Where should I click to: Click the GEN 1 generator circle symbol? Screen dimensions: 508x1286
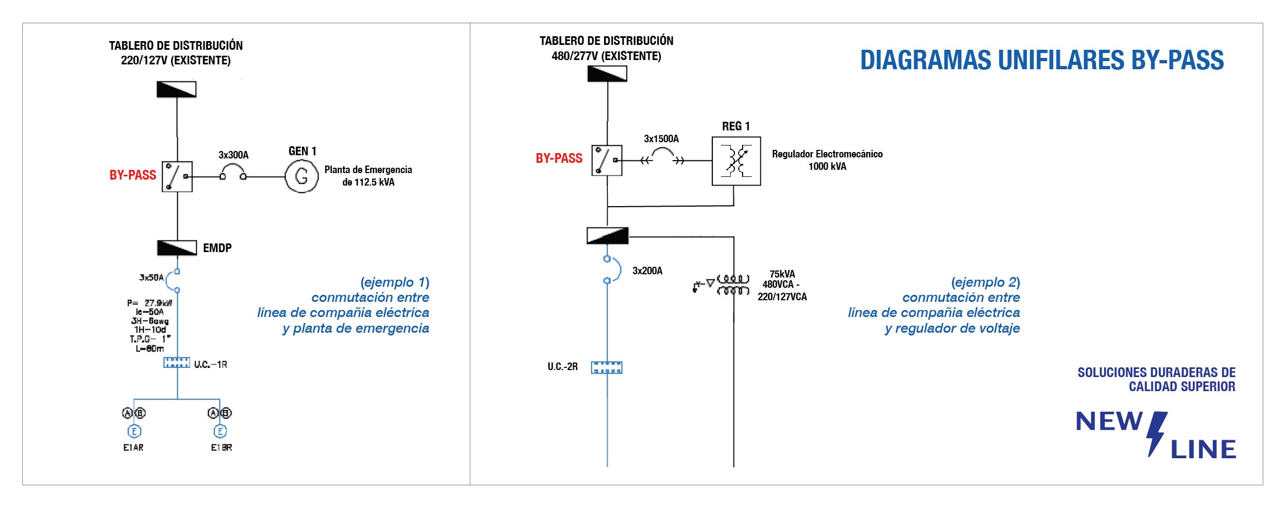click(x=301, y=176)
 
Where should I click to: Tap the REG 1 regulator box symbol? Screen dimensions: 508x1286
click(x=736, y=161)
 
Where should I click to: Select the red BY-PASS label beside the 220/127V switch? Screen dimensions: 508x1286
click(x=133, y=175)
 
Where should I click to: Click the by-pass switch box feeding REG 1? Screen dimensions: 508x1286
click(x=607, y=160)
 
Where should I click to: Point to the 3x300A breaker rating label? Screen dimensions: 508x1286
click(x=233, y=155)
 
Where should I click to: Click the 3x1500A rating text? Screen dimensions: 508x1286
click(x=661, y=139)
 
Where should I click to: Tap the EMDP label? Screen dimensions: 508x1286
click(x=217, y=248)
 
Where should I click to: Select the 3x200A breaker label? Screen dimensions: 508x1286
click(x=647, y=271)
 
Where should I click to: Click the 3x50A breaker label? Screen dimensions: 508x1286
click(x=151, y=278)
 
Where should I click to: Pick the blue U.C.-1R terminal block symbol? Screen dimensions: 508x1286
click(x=177, y=362)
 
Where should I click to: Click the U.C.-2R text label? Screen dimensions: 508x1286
click(x=562, y=367)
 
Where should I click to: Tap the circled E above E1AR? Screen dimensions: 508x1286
click(x=134, y=431)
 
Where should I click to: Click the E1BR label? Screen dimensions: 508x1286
click(x=221, y=447)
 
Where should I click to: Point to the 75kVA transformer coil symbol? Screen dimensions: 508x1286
click(x=733, y=285)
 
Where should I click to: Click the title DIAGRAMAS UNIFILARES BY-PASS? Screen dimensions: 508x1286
click(x=1042, y=60)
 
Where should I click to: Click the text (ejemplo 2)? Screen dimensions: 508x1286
click(x=985, y=282)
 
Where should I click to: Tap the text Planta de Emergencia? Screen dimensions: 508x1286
click(x=368, y=170)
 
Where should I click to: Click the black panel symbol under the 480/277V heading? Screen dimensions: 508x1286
click(x=607, y=74)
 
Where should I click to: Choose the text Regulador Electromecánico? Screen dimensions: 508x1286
click(x=827, y=154)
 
